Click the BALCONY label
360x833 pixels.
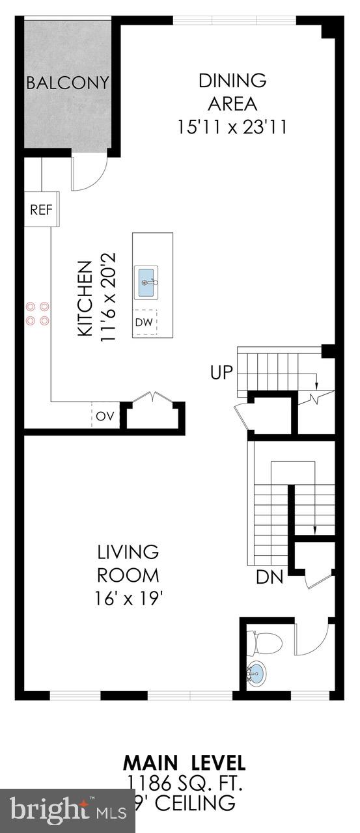[68, 83]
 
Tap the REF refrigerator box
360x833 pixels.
[40, 210]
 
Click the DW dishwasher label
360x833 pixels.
[143, 322]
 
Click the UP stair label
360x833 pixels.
[221, 373]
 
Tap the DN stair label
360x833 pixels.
[269, 577]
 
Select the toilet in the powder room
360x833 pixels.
[266, 643]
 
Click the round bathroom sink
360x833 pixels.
[258, 673]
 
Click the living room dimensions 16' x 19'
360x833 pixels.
[129, 597]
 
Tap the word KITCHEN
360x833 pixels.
[85, 299]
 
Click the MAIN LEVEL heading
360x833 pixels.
[184, 762]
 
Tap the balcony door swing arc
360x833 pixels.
[89, 173]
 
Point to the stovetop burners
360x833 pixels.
[36, 312]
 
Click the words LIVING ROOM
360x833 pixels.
[128, 564]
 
